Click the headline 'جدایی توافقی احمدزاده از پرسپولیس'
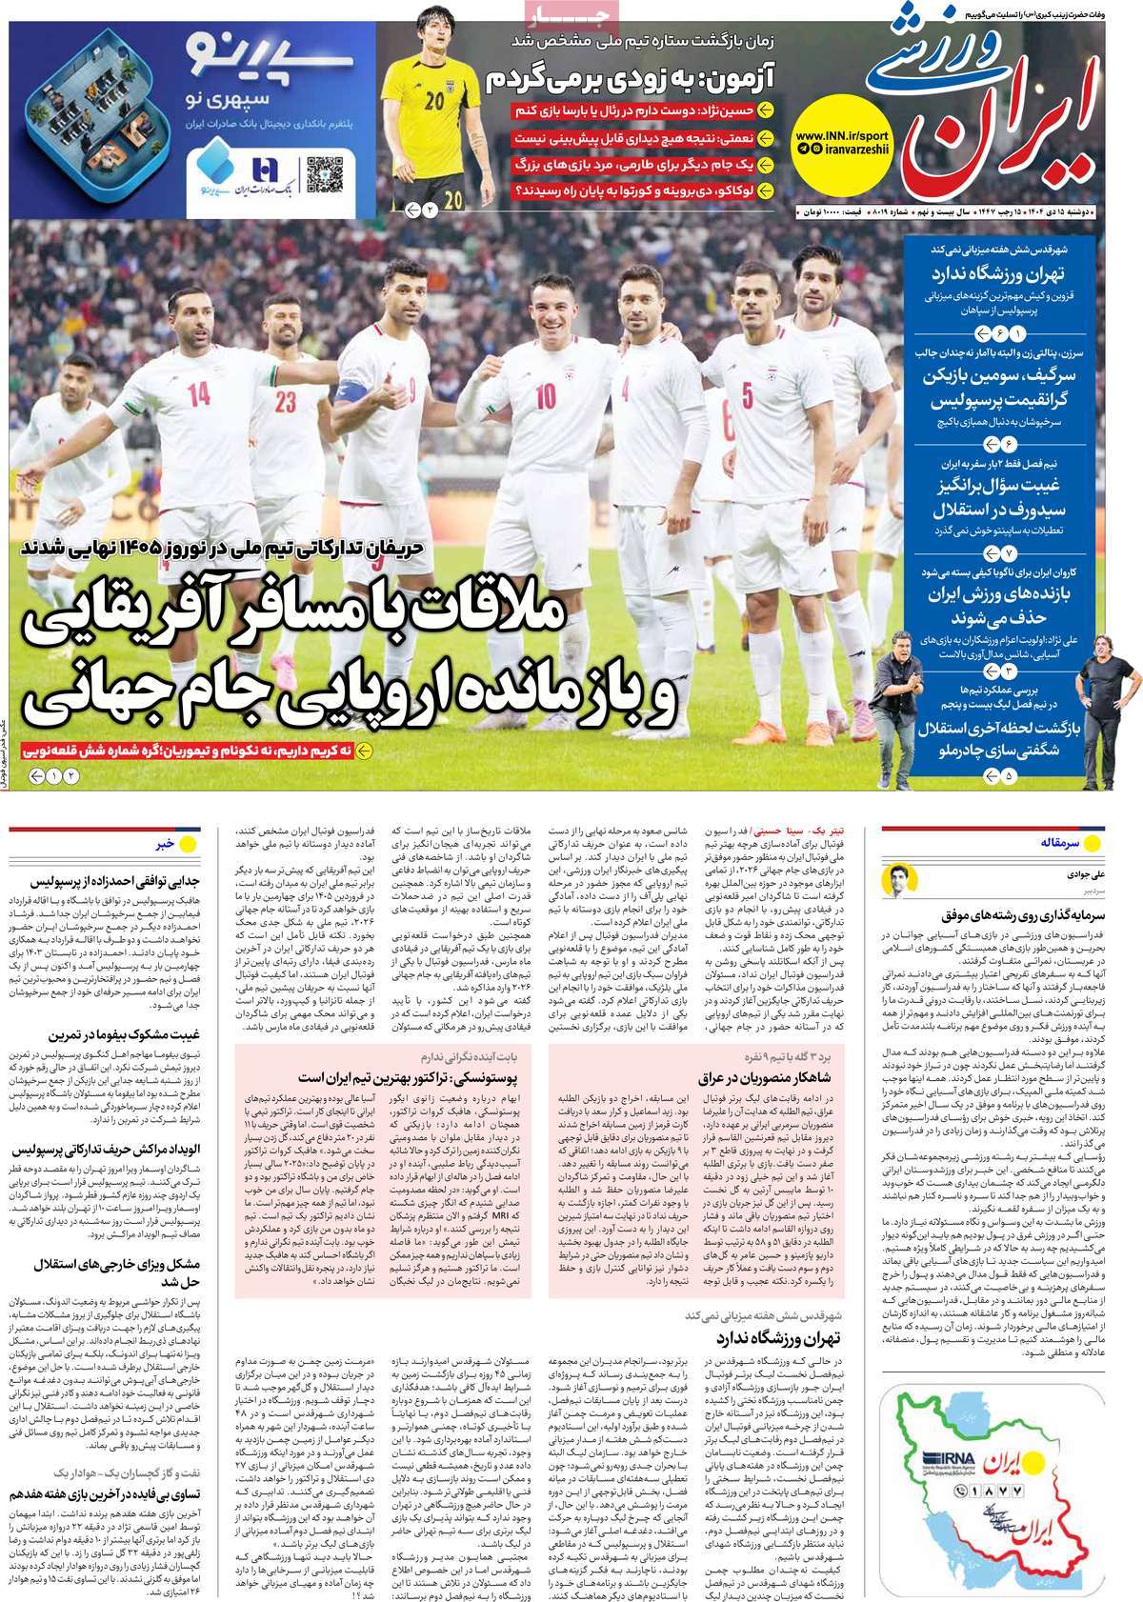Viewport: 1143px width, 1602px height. pos(106,882)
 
